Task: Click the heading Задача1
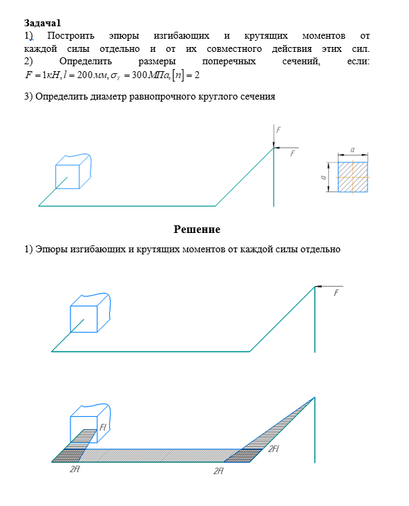(42, 23)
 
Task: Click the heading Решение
(197, 229)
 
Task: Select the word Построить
(70, 35)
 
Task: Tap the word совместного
(234, 48)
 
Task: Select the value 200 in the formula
(85, 75)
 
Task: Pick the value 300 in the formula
(140, 75)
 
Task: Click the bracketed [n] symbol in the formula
(178, 75)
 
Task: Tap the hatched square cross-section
(352, 177)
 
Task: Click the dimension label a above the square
(352, 149)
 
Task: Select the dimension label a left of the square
(323, 177)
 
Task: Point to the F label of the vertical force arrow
(278, 130)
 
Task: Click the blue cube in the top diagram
(73, 171)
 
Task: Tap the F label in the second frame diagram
(336, 292)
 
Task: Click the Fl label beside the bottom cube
(103, 427)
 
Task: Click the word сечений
(301, 62)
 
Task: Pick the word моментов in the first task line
(324, 35)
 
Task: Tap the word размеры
(157, 62)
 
